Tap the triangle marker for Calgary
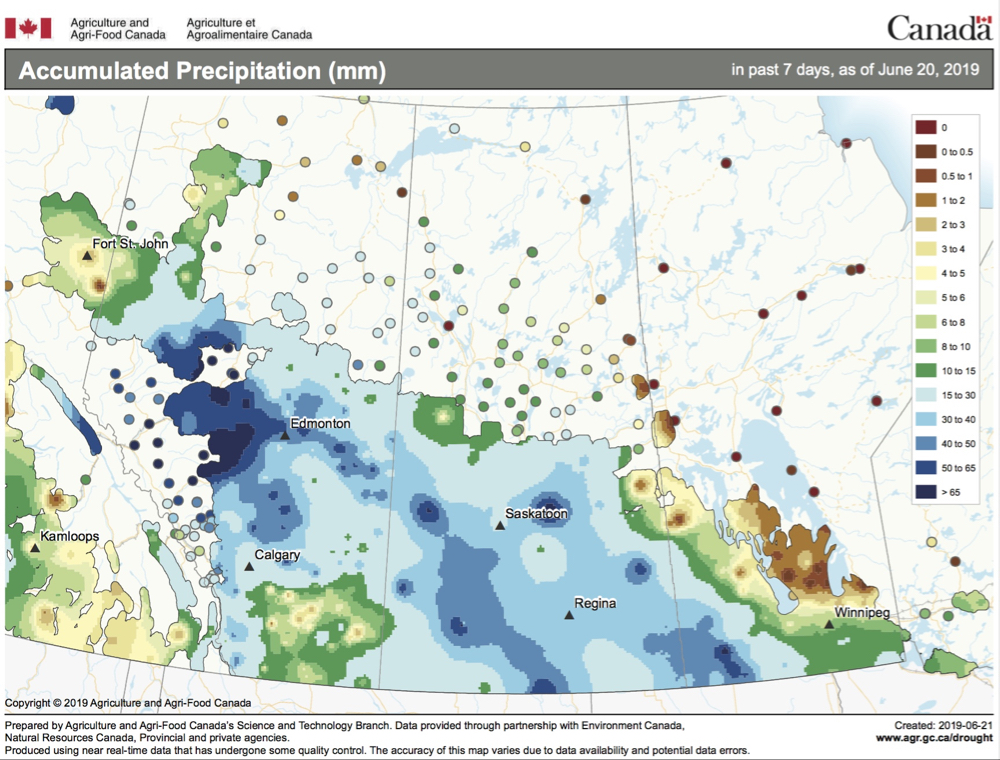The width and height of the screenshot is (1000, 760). pyautogui.click(x=248, y=567)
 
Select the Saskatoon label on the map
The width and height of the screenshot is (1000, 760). pyautogui.click(x=536, y=514)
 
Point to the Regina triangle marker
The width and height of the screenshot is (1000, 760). pyautogui.click(x=568, y=616)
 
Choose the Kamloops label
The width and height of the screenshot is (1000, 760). pyautogui.click(x=69, y=537)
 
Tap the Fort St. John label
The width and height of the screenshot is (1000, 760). pyautogui.click(x=130, y=244)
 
